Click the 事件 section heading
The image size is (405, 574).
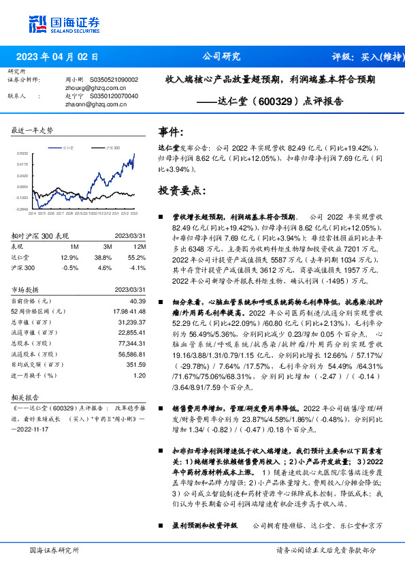point(170,131)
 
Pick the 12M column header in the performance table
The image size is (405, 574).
point(141,245)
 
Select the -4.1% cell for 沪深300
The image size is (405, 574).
point(138,268)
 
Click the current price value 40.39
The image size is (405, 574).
point(137,301)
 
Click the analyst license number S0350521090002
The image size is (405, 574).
point(114,80)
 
